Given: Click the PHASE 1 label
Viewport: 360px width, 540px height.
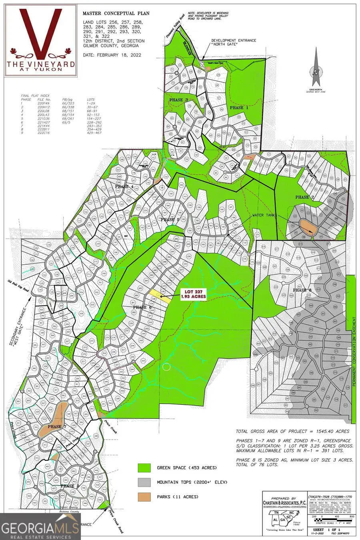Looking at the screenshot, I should (x=239, y=108).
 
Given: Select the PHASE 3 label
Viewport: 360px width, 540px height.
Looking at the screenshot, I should (x=178, y=100).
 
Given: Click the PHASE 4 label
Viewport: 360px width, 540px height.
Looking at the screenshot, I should (x=124, y=187).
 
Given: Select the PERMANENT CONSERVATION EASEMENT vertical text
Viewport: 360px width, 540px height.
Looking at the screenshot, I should (x=354, y=352).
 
